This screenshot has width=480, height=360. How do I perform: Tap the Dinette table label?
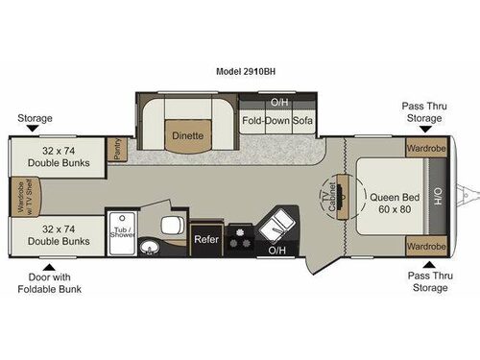(187, 135)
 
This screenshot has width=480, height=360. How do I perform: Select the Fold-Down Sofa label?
(276, 121)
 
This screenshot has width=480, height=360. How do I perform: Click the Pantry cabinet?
(117, 149)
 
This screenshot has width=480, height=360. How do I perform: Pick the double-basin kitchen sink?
(276, 228)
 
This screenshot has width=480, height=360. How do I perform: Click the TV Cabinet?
(334, 197)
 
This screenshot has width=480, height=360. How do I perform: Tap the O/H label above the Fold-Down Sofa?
(279, 101)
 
